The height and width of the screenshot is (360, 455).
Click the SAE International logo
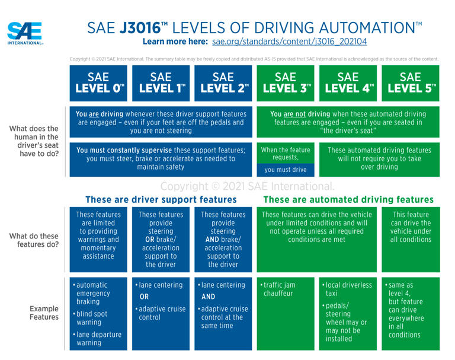click(25, 33)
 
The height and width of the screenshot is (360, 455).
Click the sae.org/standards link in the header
click(289, 42)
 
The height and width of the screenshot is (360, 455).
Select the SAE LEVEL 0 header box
click(98, 83)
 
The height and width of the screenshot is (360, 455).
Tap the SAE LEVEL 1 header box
click(161, 83)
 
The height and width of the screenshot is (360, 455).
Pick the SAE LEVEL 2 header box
click(223, 83)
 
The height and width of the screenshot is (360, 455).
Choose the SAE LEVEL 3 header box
click(285, 83)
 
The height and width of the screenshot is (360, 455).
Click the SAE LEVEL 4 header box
click(348, 83)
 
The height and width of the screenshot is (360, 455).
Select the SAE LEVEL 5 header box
click(410, 83)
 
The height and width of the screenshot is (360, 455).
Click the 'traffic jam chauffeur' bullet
click(279, 289)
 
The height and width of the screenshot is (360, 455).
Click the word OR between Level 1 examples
click(144, 297)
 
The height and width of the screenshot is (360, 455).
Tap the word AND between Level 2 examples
click(208, 297)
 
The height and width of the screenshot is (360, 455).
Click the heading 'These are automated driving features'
click(348, 200)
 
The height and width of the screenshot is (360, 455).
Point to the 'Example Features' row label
click(44, 313)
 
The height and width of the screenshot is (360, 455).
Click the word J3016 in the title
click(144, 27)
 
